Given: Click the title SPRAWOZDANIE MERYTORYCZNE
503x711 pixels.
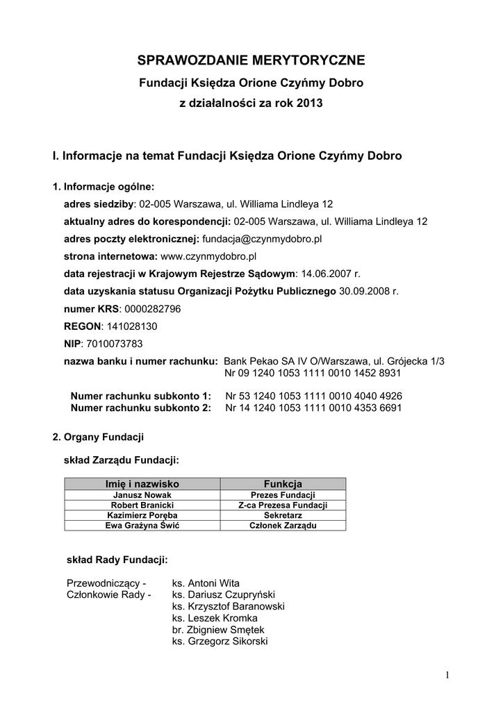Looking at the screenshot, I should (251, 60).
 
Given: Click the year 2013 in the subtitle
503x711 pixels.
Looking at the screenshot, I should (309, 103).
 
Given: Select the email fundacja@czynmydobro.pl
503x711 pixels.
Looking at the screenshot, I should (262, 239).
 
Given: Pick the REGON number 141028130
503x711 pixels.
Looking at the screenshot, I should (131, 326).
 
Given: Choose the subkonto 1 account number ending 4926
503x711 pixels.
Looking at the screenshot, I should (314, 396).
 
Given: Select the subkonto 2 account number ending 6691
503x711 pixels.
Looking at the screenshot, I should (314, 408).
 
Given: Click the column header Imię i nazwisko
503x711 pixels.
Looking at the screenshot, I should (142, 483).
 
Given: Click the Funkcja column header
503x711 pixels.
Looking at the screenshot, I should (283, 483).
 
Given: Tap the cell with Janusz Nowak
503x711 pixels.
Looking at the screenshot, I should (142, 494).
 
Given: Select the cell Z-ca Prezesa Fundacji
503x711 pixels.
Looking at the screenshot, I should (283, 505).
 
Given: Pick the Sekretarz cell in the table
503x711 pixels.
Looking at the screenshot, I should (283, 515).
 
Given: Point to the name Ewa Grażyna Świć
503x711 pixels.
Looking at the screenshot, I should (142, 526).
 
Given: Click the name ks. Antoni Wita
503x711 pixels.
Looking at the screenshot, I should (206, 583).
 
